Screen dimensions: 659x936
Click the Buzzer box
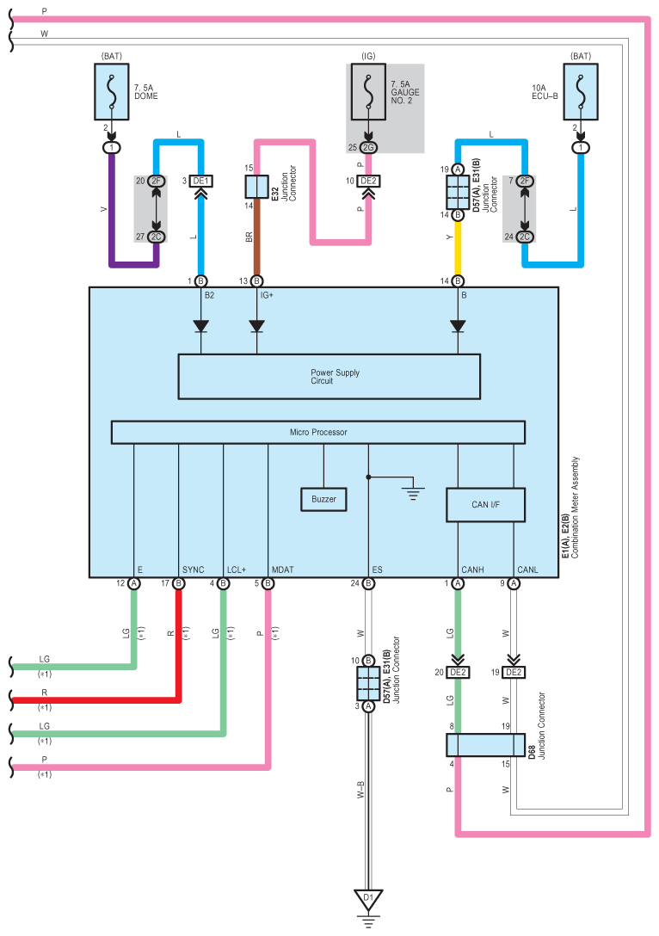coord(323,499)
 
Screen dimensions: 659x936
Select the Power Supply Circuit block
coord(329,377)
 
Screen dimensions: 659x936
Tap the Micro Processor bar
coord(318,432)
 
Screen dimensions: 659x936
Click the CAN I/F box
coord(485,505)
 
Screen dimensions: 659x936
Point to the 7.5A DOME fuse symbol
coord(112,92)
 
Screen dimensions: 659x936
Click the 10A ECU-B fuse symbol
coord(580,92)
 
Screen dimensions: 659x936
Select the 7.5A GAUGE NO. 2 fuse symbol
coord(368,92)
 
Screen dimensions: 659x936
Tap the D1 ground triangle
coord(368,900)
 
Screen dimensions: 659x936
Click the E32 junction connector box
coord(256,187)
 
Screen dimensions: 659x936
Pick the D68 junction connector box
coord(485,745)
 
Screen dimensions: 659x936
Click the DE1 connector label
coord(200,181)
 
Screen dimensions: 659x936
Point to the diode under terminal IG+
coord(256,326)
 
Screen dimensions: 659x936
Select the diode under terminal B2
coord(200,326)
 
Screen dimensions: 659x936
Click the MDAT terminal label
coord(282,570)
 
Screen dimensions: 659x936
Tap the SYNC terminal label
coord(193,570)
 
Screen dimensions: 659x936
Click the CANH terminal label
coord(472,570)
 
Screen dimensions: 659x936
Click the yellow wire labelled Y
coord(458,248)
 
